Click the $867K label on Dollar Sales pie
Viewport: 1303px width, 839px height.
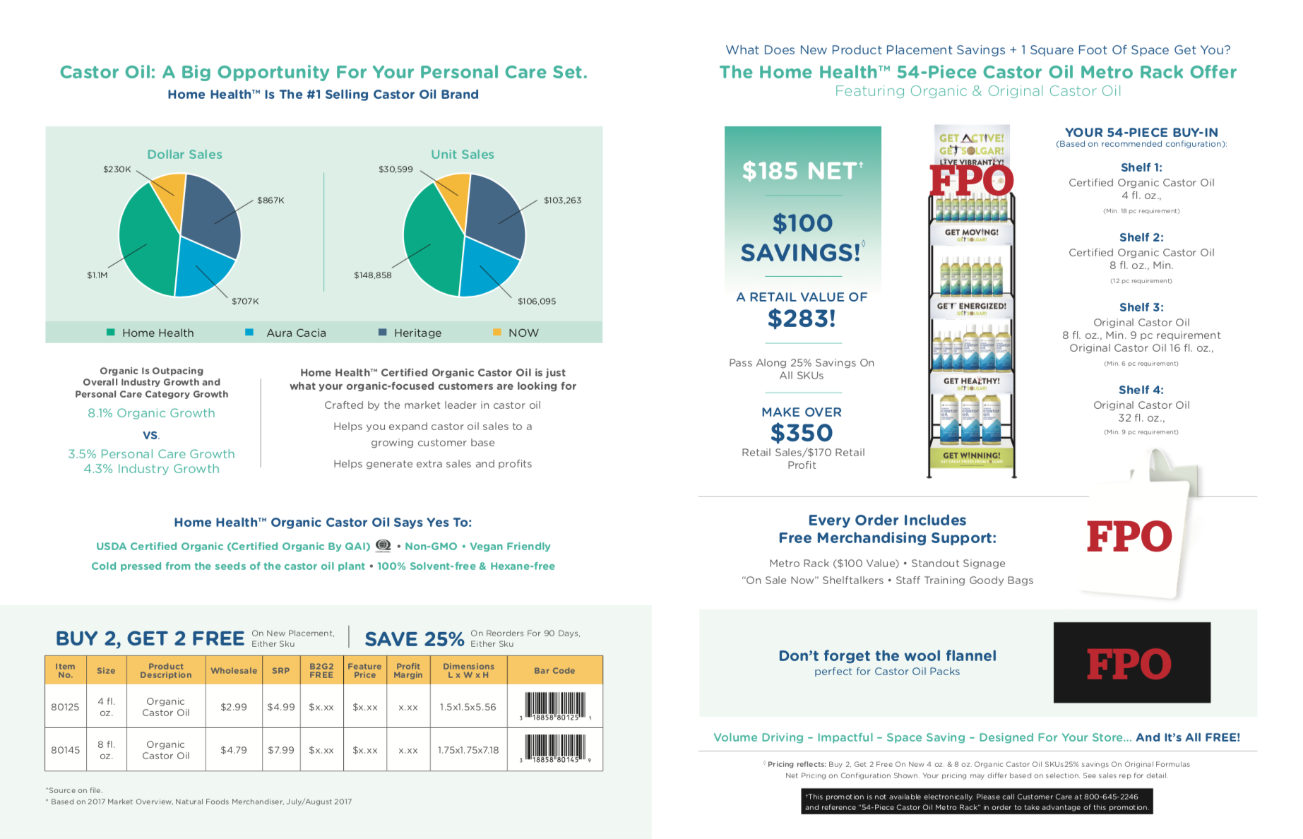point(270,201)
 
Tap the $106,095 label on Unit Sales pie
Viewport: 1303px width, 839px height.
point(537,302)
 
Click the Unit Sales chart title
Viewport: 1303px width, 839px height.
point(463,155)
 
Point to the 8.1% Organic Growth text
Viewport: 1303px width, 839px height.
point(151,413)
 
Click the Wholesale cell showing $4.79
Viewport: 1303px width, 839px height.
point(233,750)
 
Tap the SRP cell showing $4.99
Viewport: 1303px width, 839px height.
point(280,707)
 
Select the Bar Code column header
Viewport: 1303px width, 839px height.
point(554,671)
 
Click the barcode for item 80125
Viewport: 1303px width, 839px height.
point(556,706)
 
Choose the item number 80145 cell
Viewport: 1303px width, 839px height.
point(65,750)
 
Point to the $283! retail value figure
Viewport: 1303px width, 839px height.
point(802,319)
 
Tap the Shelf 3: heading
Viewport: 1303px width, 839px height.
point(1141,307)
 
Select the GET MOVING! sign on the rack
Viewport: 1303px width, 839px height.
point(972,232)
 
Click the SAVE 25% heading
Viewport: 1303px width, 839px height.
point(415,639)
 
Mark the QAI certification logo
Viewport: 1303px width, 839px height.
point(383,546)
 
